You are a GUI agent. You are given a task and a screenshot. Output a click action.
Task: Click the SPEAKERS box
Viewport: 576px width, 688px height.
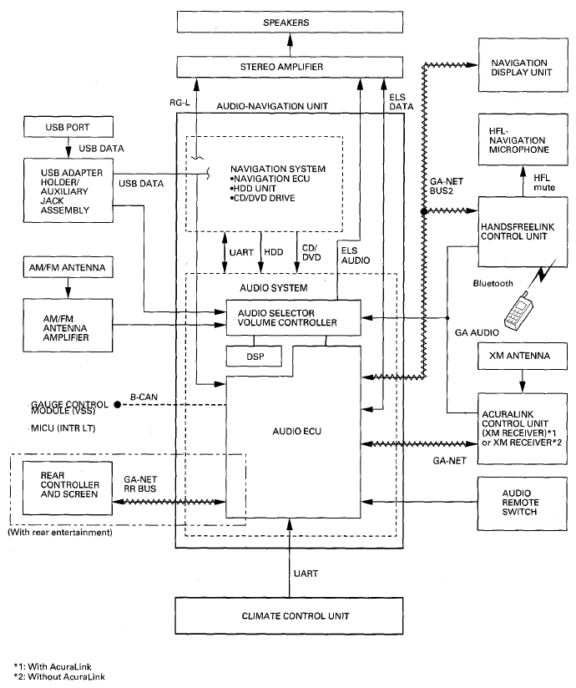point(290,23)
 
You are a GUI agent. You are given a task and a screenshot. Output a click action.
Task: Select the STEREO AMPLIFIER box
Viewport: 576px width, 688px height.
point(290,67)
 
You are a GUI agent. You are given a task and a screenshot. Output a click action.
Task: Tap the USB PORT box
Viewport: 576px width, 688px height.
point(68,127)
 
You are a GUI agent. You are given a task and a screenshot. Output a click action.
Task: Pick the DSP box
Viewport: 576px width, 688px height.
point(254,357)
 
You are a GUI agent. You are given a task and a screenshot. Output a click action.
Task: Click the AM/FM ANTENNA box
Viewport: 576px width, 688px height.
point(68,267)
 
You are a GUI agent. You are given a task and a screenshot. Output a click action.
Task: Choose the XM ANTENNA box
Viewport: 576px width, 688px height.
point(522,356)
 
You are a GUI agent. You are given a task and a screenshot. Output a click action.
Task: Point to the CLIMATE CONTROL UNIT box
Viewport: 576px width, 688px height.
point(289,615)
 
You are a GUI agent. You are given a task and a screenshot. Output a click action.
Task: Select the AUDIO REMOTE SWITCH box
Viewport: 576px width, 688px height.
point(522,503)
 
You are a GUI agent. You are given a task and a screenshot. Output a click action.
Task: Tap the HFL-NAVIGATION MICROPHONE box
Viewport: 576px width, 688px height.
point(523,139)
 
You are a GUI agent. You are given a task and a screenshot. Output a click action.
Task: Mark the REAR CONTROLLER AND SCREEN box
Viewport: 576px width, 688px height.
point(68,488)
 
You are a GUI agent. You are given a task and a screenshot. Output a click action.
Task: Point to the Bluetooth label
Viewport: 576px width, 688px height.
point(493,283)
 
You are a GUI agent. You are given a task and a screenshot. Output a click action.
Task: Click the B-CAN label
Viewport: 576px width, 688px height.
point(144,397)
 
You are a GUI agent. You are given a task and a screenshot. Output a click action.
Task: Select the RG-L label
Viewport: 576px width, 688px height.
point(179,103)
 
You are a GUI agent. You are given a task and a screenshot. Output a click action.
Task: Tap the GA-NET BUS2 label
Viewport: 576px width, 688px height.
point(446,186)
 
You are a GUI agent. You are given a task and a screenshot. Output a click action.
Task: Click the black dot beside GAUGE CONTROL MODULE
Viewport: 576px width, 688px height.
point(117,405)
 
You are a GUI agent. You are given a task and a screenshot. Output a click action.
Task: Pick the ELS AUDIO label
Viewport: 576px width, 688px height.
point(356,255)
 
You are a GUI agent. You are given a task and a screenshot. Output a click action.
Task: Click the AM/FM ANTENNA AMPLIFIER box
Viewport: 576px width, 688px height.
point(68,325)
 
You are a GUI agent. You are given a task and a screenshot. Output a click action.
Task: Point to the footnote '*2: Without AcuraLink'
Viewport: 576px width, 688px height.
point(59,677)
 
